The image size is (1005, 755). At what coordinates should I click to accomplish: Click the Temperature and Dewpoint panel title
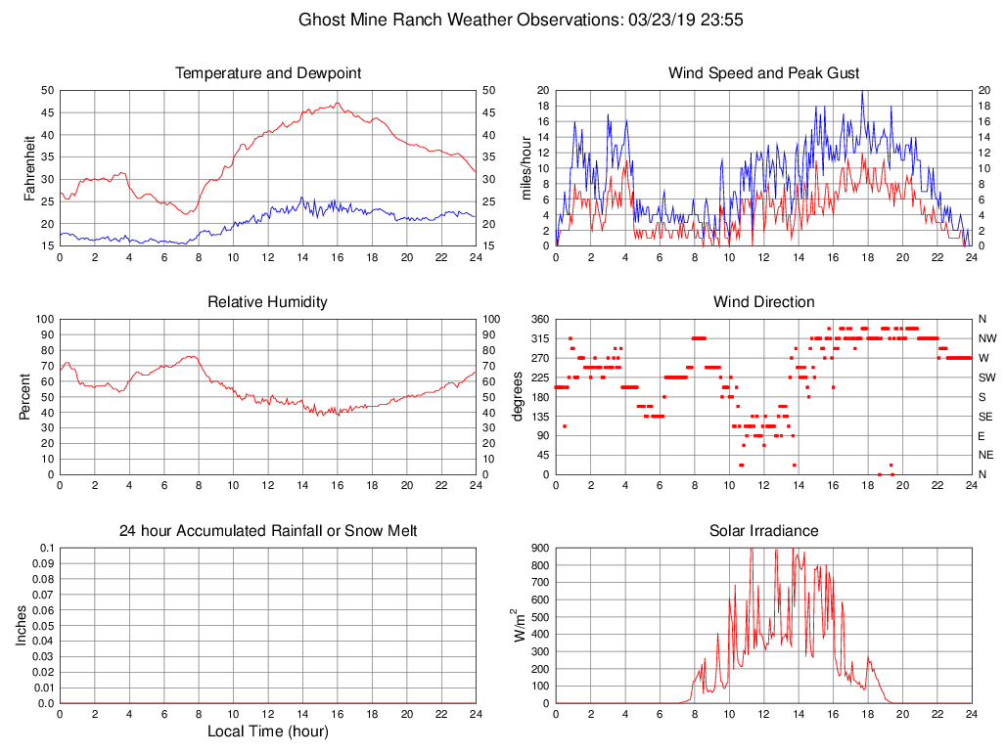coord(267,73)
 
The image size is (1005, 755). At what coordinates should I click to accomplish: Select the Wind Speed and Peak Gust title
coord(763,73)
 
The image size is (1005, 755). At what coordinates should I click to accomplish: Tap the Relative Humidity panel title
coord(267,302)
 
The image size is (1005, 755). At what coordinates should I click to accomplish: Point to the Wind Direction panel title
coord(763,302)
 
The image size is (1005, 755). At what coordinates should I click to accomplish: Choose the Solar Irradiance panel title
coord(763,531)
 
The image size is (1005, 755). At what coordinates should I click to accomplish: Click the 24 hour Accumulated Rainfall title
coord(267,531)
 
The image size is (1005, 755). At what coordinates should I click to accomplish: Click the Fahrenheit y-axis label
coord(30,167)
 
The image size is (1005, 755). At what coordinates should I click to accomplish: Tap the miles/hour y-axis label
coord(526,167)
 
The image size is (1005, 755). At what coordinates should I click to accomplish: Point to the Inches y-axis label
coord(23,625)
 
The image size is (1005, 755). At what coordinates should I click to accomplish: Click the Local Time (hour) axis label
coord(267,731)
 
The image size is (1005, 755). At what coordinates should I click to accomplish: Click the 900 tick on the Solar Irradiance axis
coord(541,548)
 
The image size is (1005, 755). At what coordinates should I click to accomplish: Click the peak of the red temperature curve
coord(337,103)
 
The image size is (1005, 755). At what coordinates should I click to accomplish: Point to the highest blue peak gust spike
coord(862,91)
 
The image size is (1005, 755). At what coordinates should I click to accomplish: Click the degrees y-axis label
coord(519,396)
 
